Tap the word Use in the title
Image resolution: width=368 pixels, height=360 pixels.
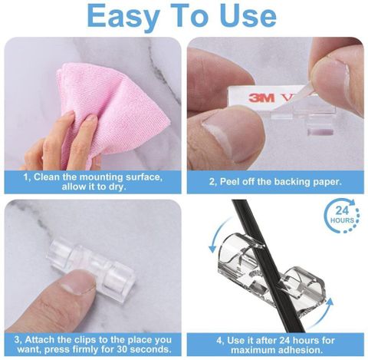247,15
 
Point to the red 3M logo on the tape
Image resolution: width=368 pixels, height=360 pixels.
261,97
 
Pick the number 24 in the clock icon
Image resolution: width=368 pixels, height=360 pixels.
342,210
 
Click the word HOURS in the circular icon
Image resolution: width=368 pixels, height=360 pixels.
342,220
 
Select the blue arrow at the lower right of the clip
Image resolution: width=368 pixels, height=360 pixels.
320,315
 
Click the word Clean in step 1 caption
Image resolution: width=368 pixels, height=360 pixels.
48,177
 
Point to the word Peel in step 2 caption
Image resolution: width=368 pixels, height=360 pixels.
230,182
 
